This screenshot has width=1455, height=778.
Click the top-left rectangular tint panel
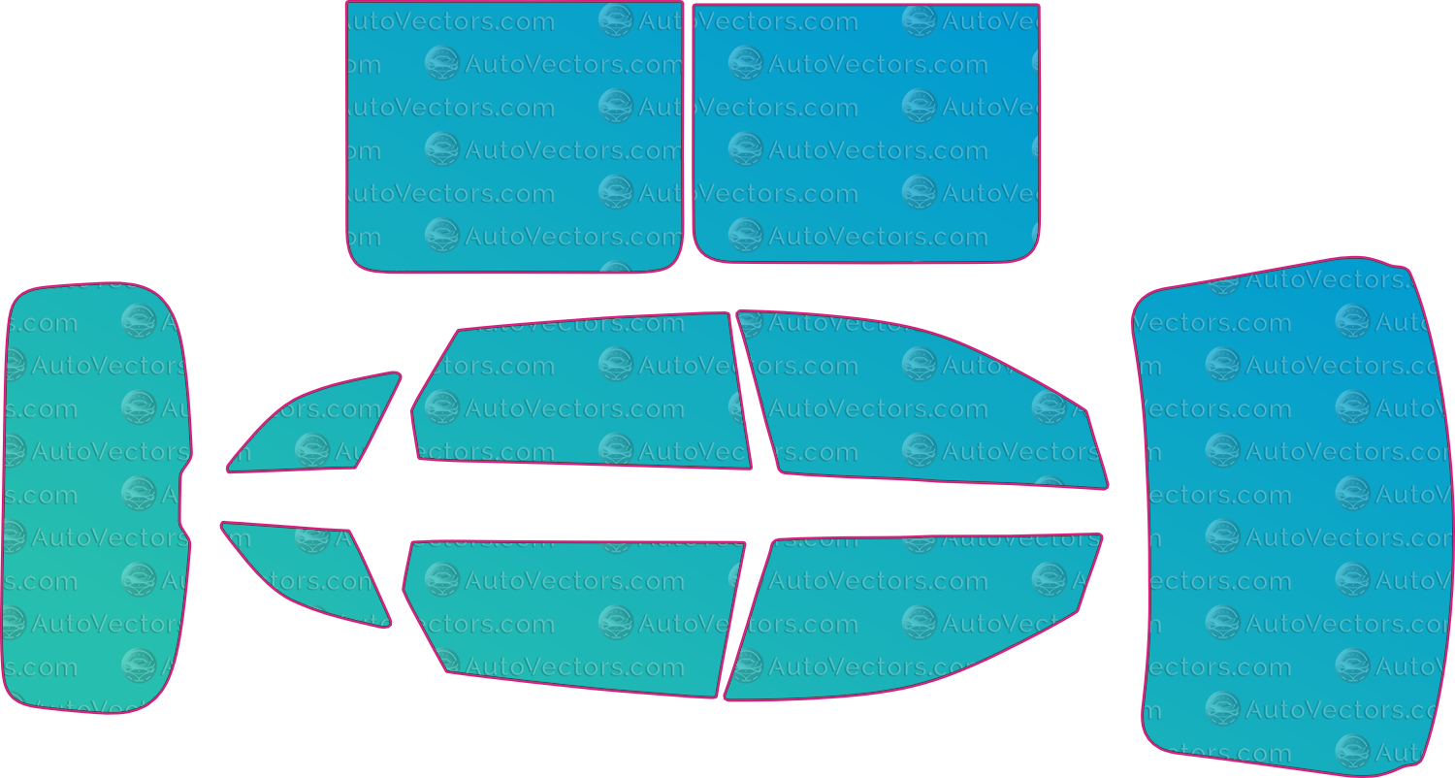514,137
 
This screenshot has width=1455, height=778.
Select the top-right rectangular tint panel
866,133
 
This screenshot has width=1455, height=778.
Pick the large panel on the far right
1293,516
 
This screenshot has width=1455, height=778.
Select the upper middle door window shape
581,391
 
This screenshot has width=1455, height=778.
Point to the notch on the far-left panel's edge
181,497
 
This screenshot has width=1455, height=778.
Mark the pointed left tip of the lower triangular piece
223,524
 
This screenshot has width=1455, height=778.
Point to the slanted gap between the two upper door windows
744,391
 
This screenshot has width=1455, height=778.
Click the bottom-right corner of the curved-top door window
1106,486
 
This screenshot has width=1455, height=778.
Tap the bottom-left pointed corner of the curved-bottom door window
727,698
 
